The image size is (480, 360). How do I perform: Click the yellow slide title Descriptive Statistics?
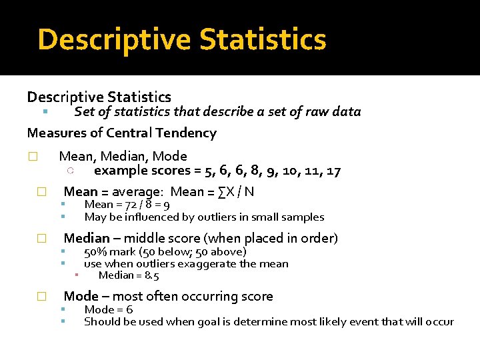182,39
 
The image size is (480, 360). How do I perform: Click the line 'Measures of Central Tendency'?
121,133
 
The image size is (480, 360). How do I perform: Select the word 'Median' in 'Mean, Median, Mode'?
127,157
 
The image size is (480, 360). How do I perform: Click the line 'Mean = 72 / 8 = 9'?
127,205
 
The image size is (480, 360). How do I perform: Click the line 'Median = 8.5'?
129,275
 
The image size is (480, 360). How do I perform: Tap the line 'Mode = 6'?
108,309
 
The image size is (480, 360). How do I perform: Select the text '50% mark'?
106,251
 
